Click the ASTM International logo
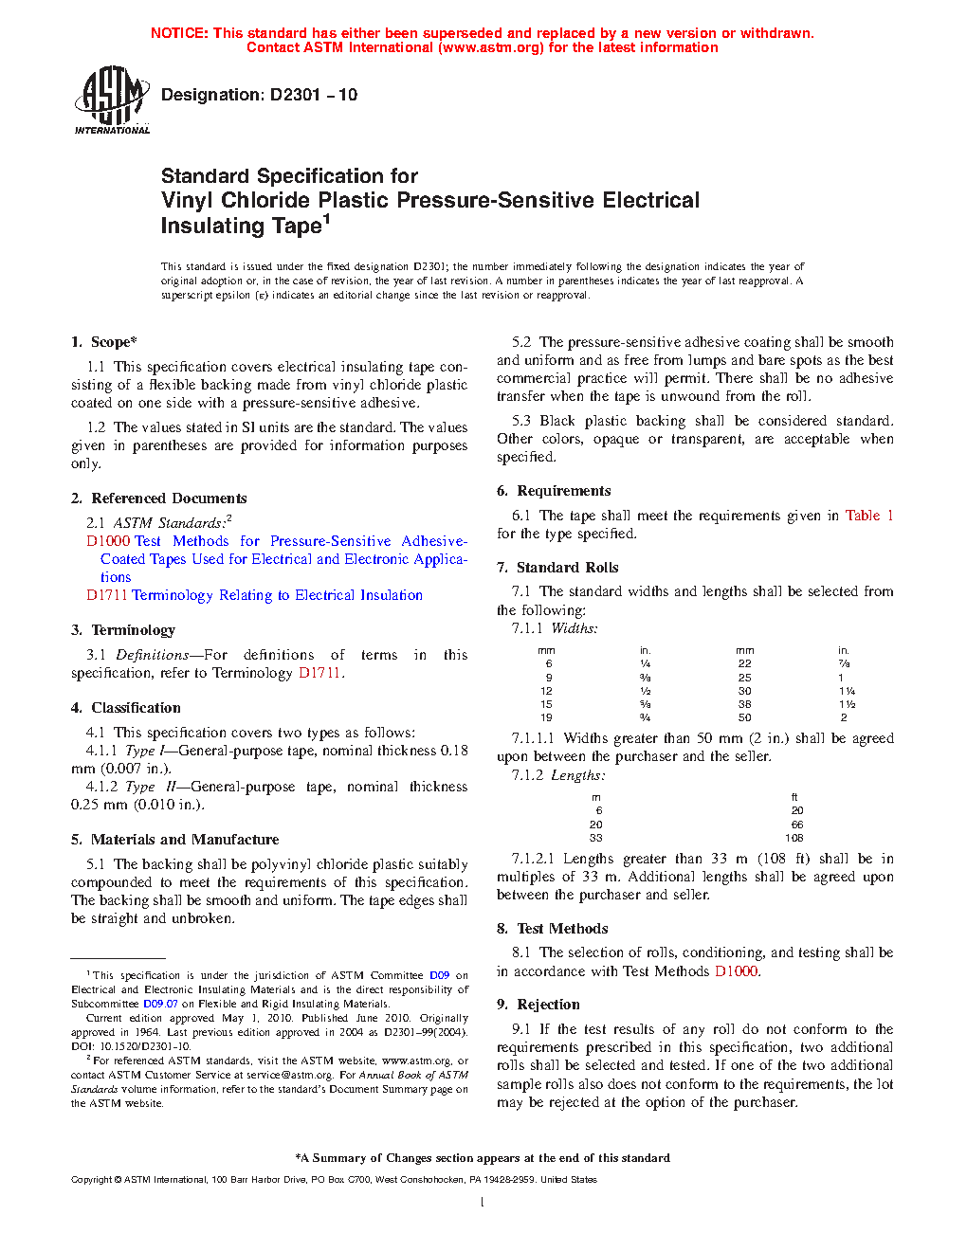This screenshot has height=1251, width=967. click(112, 99)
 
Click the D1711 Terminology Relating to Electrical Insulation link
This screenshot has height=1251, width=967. click(254, 595)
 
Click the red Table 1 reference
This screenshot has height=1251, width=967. click(868, 516)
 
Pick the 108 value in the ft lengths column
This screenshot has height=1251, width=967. click(794, 838)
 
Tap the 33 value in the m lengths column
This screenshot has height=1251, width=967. click(595, 838)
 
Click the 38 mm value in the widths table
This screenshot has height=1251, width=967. click(745, 704)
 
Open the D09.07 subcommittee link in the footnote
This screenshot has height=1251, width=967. click(160, 1004)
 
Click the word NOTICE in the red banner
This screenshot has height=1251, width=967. click(179, 33)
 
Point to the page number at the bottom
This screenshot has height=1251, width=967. click(483, 1203)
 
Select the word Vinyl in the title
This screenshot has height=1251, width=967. click(188, 201)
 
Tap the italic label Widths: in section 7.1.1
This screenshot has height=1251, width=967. click(575, 628)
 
